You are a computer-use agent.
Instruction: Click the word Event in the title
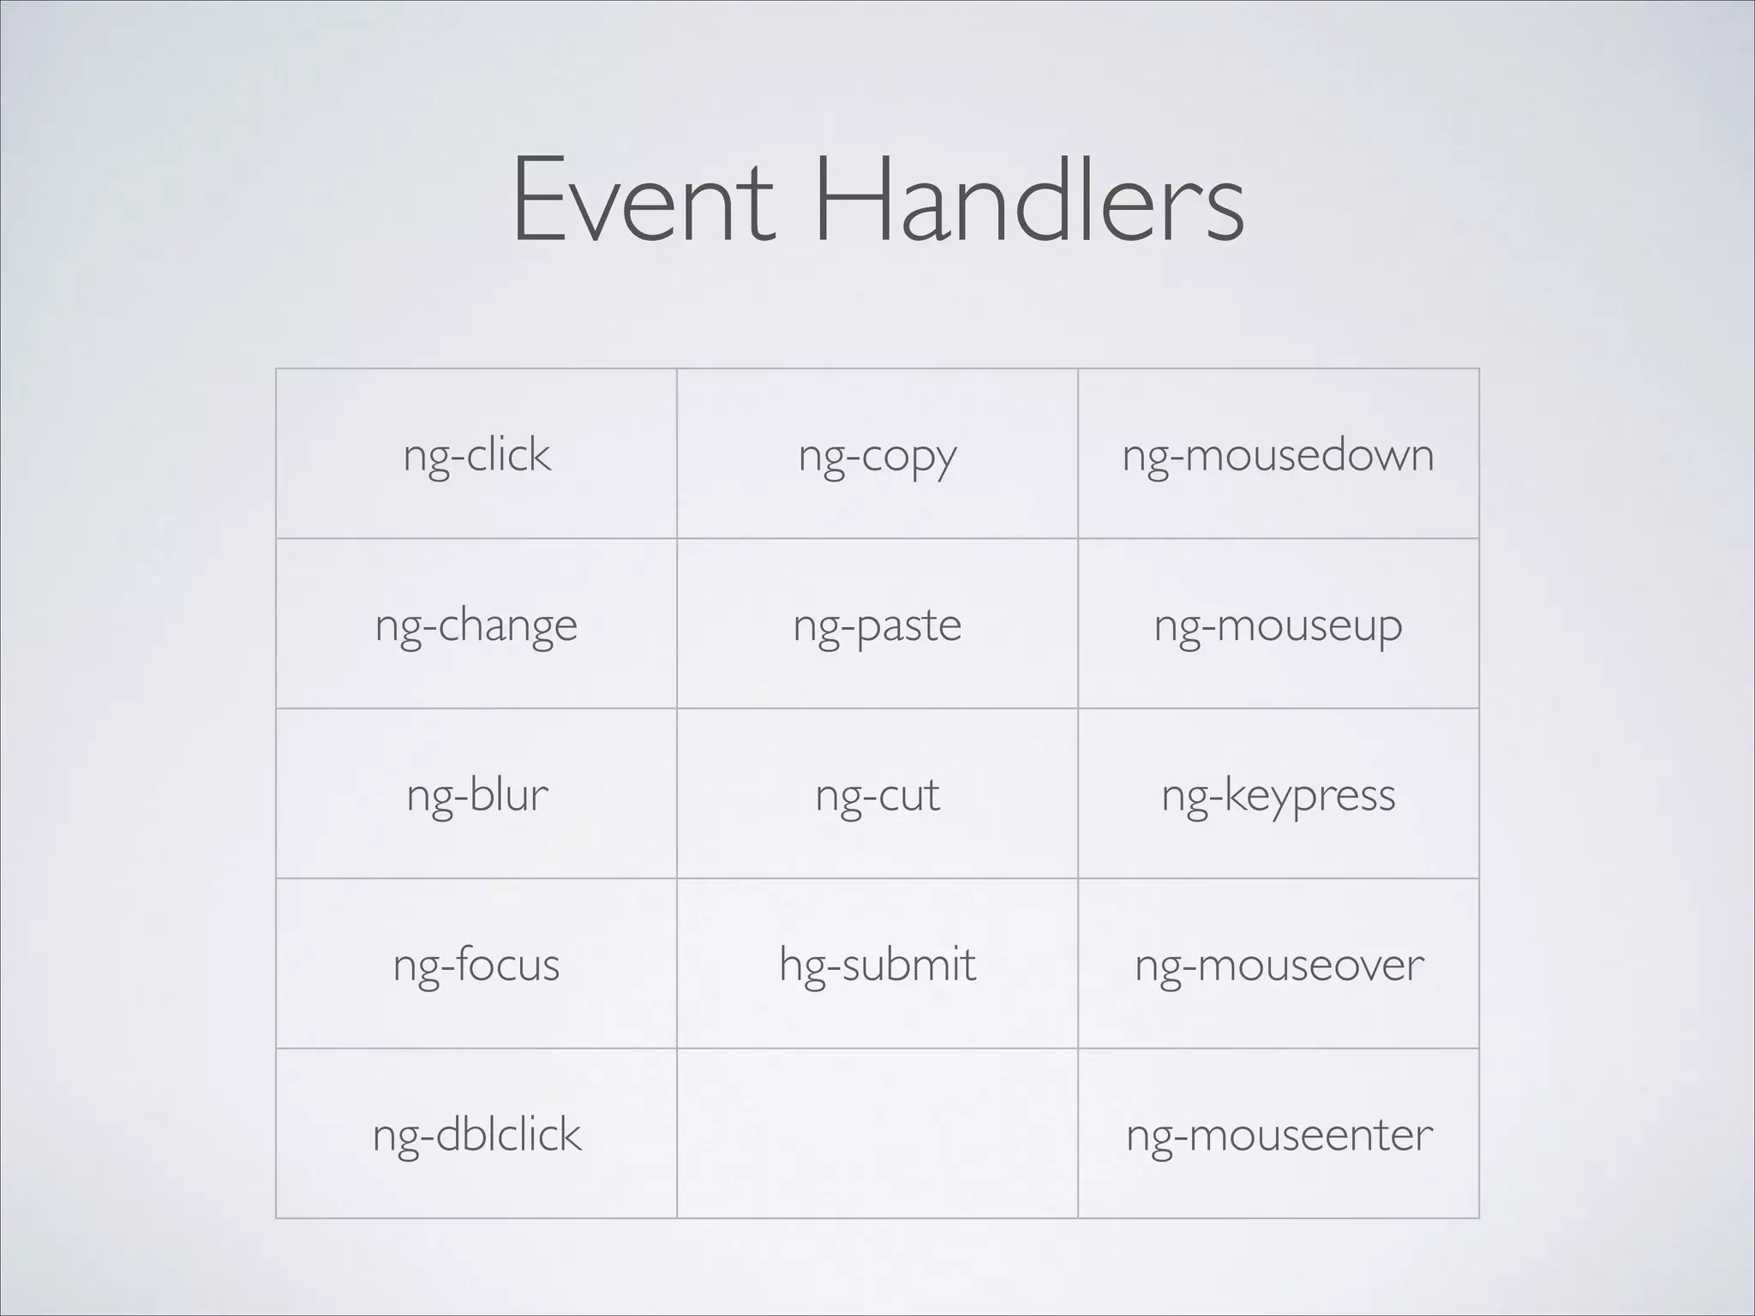tap(644, 200)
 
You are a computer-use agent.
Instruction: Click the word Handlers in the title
tap(1028, 200)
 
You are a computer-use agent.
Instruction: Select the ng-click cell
tap(476, 455)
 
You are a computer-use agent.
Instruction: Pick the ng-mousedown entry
tap(1278, 455)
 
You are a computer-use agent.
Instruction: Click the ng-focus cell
tap(476, 965)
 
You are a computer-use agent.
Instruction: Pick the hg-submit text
tap(877, 965)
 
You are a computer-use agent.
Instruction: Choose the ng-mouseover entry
tap(1278, 965)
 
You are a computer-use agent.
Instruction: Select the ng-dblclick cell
tap(476, 1134)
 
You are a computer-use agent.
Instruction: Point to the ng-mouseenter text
tap(1278, 1134)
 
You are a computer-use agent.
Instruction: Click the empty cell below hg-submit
tap(877, 1133)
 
